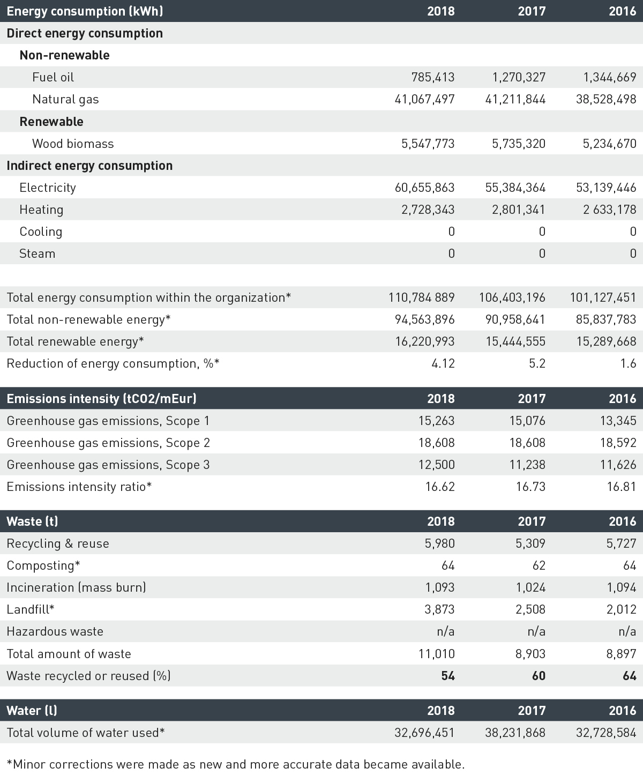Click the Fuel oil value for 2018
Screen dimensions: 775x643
point(432,77)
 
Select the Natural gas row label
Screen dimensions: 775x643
point(65,99)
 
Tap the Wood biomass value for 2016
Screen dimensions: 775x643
point(609,144)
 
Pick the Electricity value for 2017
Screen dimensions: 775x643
point(512,188)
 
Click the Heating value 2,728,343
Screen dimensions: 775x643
point(428,210)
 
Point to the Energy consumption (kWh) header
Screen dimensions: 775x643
point(85,11)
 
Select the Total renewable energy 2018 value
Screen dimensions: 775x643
point(425,341)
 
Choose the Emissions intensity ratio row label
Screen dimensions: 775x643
point(79,487)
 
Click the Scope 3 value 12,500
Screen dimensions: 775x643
point(436,465)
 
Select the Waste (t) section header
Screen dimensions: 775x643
point(32,521)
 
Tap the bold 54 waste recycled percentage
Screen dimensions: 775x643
point(447,676)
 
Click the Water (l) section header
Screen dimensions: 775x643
point(32,711)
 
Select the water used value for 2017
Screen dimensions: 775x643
point(515,733)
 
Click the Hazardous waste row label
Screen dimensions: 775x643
point(55,631)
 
